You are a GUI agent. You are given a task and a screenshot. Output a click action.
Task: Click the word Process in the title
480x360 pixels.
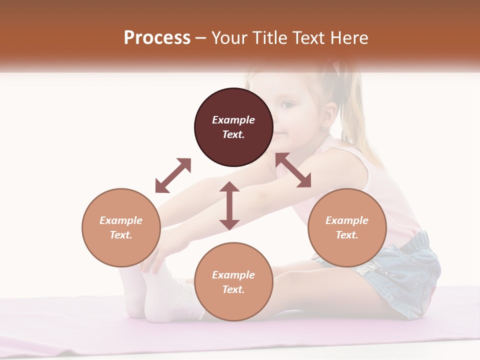point(157,38)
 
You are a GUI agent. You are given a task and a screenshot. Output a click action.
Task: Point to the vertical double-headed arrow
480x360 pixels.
point(229,205)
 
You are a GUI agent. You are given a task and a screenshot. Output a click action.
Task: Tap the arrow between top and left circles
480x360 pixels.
point(173,175)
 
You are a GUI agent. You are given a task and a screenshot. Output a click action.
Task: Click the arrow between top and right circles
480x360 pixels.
point(293,170)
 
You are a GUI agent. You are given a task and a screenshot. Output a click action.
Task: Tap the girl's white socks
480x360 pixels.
point(160,295)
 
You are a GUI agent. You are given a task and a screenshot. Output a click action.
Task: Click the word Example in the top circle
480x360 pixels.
point(233,120)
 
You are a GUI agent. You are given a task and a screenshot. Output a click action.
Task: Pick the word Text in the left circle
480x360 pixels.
point(121,235)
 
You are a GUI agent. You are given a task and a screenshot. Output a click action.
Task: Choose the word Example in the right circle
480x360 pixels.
point(347,220)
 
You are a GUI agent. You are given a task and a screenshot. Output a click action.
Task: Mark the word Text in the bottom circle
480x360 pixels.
point(233,289)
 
